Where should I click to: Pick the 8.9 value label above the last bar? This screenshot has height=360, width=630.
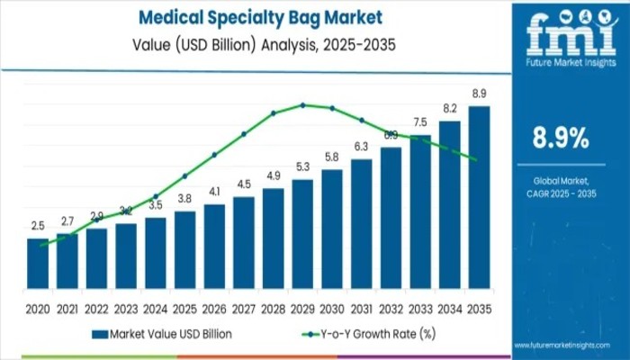click(x=480, y=94)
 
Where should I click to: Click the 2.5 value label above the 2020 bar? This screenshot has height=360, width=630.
click(x=38, y=227)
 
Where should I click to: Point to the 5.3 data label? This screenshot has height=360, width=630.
click(x=302, y=167)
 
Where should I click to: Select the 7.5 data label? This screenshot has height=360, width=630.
click(x=420, y=122)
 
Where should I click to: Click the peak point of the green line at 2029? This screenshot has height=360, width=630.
click(x=302, y=104)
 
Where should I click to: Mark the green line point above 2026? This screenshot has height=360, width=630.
click(x=214, y=154)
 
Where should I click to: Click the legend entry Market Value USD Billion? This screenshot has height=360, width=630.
click(x=162, y=333)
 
